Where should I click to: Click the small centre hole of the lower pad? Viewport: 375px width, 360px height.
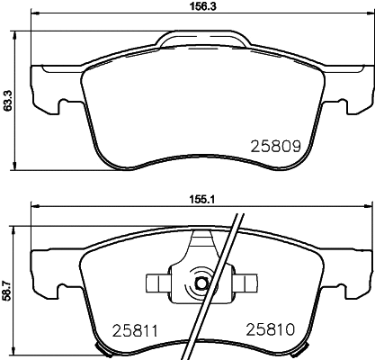[202, 285]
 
